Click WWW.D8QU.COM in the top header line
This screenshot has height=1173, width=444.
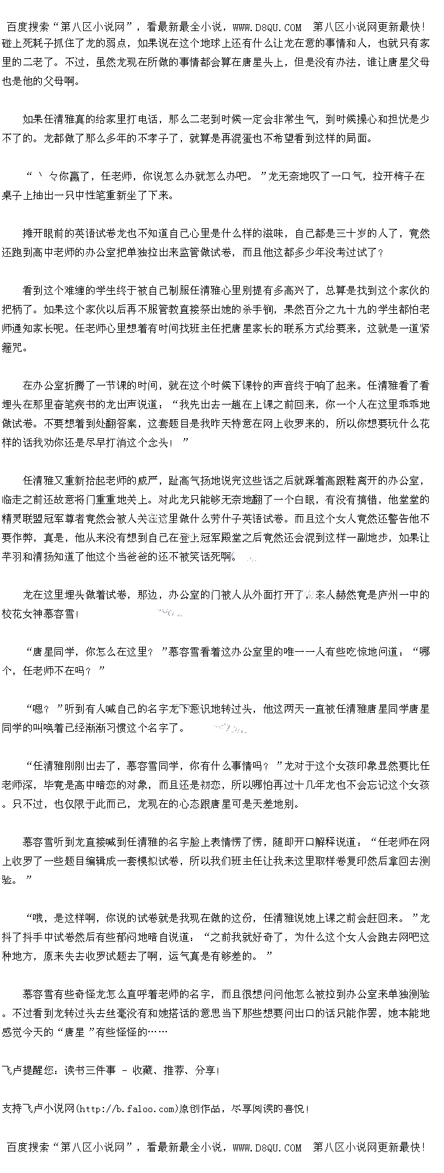coord(267,27)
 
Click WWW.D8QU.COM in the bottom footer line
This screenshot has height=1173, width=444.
coord(267,1147)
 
